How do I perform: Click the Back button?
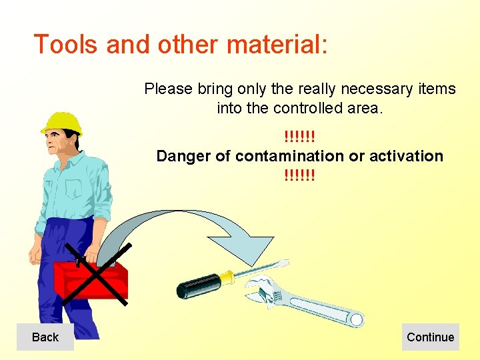45,337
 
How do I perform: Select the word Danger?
183,156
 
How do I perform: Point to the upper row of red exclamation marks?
299,137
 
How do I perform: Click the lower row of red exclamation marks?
299,176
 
